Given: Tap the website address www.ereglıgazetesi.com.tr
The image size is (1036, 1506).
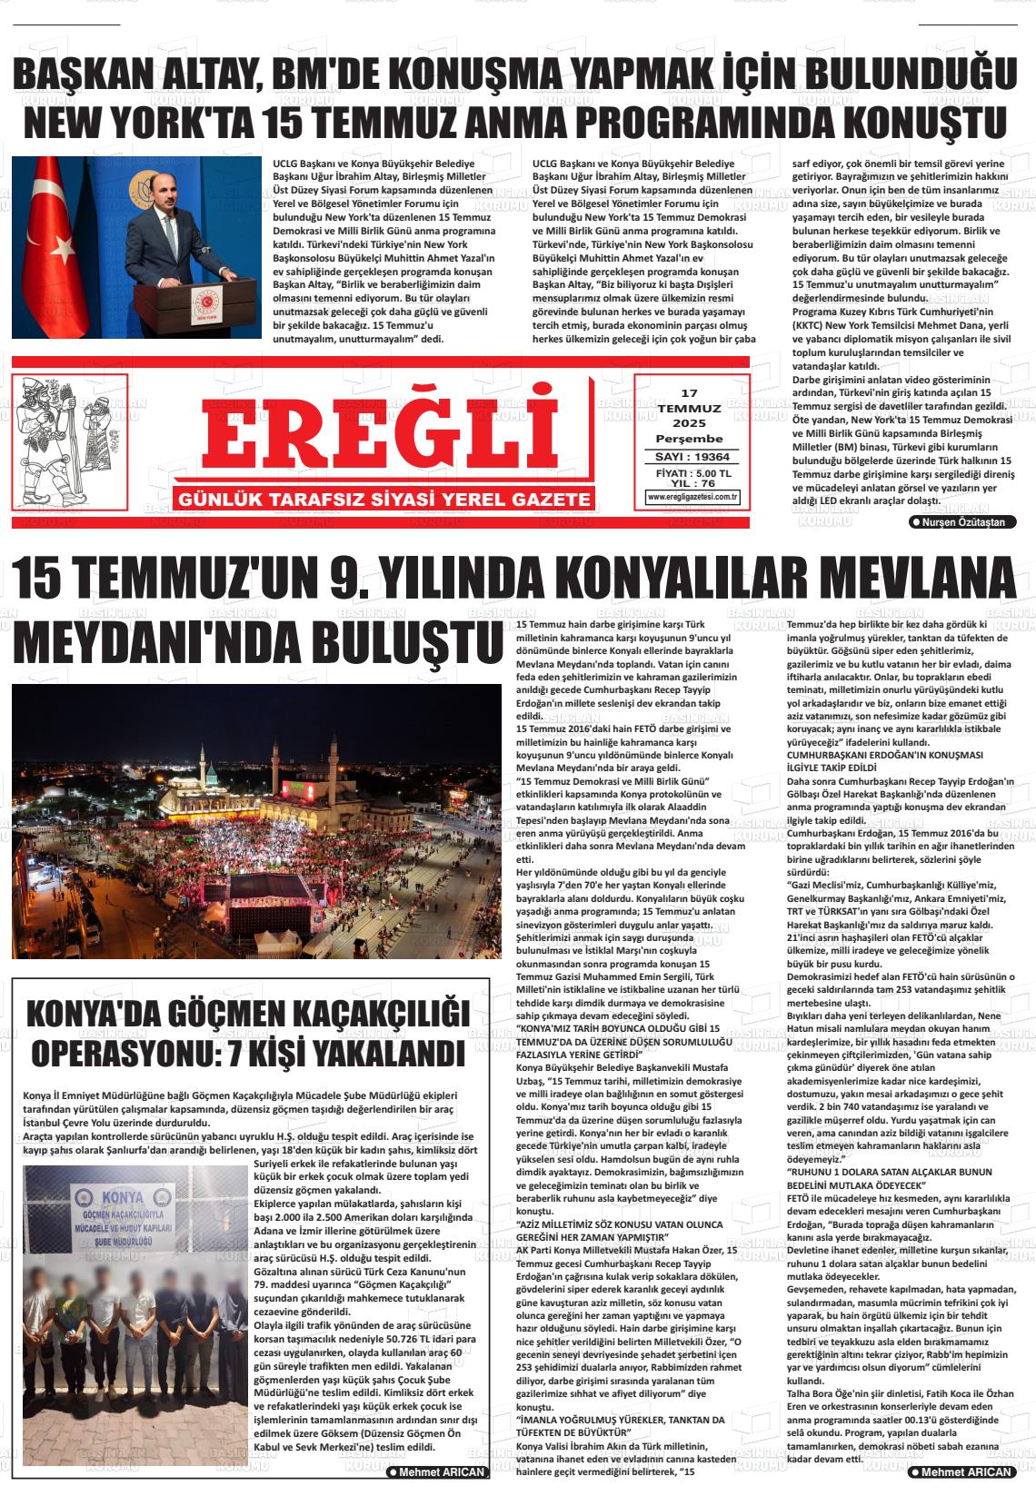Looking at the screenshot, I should pyautogui.click(x=692, y=497).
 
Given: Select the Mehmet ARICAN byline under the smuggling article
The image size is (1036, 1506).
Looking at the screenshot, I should pyautogui.click(x=436, y=1471).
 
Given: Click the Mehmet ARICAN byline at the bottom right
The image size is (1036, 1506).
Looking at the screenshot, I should pyautogui.click(x=962, y=1471).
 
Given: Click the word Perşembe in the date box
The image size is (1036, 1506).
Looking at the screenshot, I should pyautogui.click(x=689, y=439).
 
